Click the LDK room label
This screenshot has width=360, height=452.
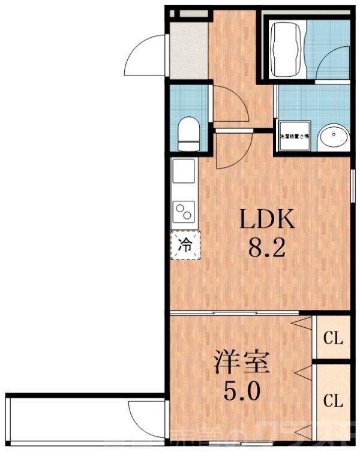pos(268,220)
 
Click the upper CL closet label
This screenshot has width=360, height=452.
pos(333,338)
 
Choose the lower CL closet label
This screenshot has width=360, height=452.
pos(333,399)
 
